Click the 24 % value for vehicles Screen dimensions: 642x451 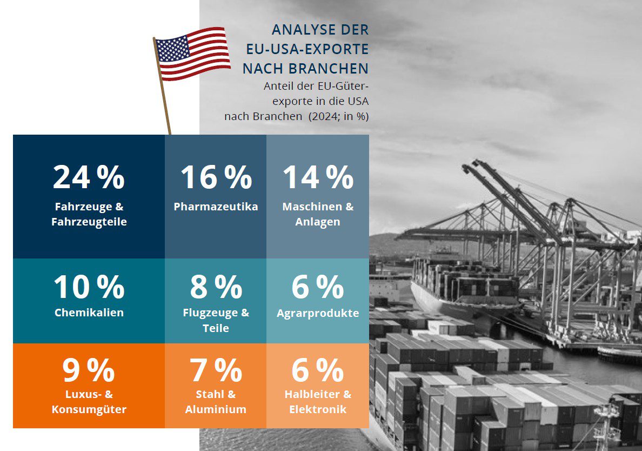(89, 177)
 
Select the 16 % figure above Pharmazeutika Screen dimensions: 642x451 (216, 177)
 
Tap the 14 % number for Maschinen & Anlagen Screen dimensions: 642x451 (318, 177)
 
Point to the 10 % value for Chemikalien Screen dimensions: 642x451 (89, 286)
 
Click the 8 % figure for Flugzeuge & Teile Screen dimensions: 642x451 (216, 286)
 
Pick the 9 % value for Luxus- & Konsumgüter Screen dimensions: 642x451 (89, 370)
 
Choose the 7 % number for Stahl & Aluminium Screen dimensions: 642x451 (216, 370)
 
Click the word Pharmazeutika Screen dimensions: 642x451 (216, 207)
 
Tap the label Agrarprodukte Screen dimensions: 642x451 (318, 313)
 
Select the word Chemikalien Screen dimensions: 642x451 (89, 313)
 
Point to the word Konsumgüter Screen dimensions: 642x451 (89, 409)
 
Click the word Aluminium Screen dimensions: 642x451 (216, 409)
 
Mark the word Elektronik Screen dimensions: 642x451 (318, 409)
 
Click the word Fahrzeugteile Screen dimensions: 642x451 (89, 222)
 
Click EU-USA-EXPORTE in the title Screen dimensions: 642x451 (307, 49)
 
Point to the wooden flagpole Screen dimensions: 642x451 (162, 86)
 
